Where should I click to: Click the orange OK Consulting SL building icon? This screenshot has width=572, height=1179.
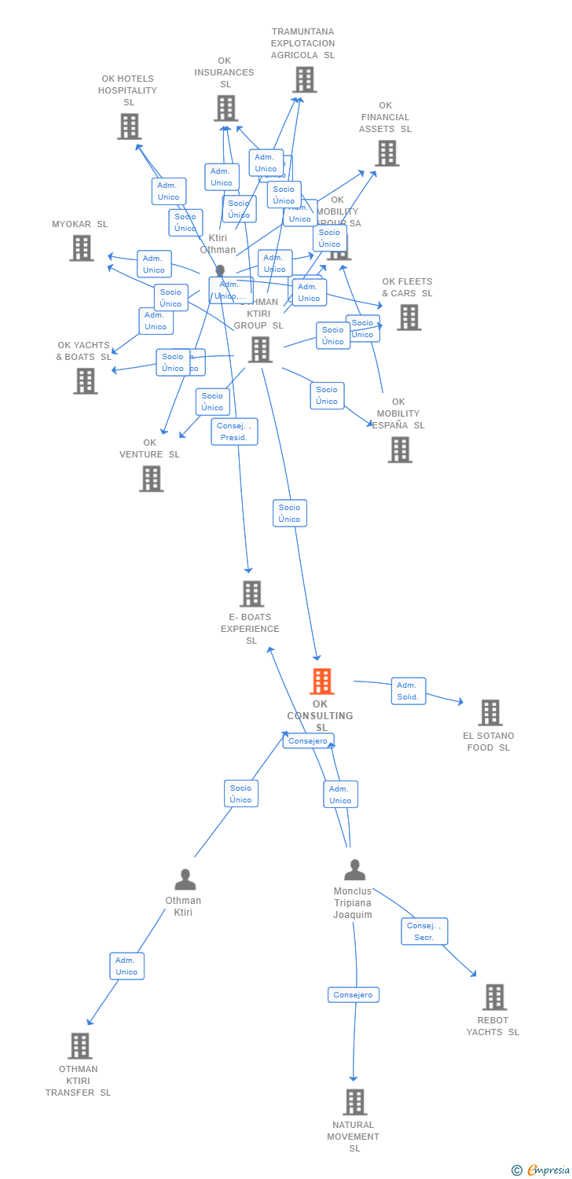pos(321,681)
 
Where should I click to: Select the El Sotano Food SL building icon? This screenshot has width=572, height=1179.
pos(490,713)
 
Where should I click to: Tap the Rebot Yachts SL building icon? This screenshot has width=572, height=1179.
pos(494,997)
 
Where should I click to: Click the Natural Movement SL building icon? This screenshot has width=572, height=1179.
pos(354,1102)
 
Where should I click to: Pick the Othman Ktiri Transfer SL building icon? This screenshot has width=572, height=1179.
pos(80,1046)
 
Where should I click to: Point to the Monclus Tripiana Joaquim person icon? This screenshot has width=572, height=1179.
pos(355,870)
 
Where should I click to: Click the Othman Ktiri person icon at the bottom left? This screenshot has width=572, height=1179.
pos(185,880)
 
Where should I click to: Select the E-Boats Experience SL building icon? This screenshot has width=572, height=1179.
pos(251,594)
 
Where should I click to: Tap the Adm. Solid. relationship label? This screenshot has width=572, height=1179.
pos(408,691)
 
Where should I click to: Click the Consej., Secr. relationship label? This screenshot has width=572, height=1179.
pos(424,931)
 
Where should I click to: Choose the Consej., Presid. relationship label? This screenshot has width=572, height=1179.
pos(234,432)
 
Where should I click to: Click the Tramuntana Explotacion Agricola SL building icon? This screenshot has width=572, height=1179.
pos(304,79)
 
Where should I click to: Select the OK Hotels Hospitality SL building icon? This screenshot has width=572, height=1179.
pos(129,127)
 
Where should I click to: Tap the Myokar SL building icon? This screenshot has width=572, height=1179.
pos(82,248)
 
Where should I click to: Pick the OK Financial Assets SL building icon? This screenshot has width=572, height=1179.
pos(387,153)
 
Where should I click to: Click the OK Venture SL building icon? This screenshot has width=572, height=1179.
pos(151,479)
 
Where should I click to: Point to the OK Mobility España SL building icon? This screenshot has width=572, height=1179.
pos(400,450)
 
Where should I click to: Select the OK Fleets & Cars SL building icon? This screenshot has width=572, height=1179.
pos(409,318)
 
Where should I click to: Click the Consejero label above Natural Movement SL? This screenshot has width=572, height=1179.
pos(353,995)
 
